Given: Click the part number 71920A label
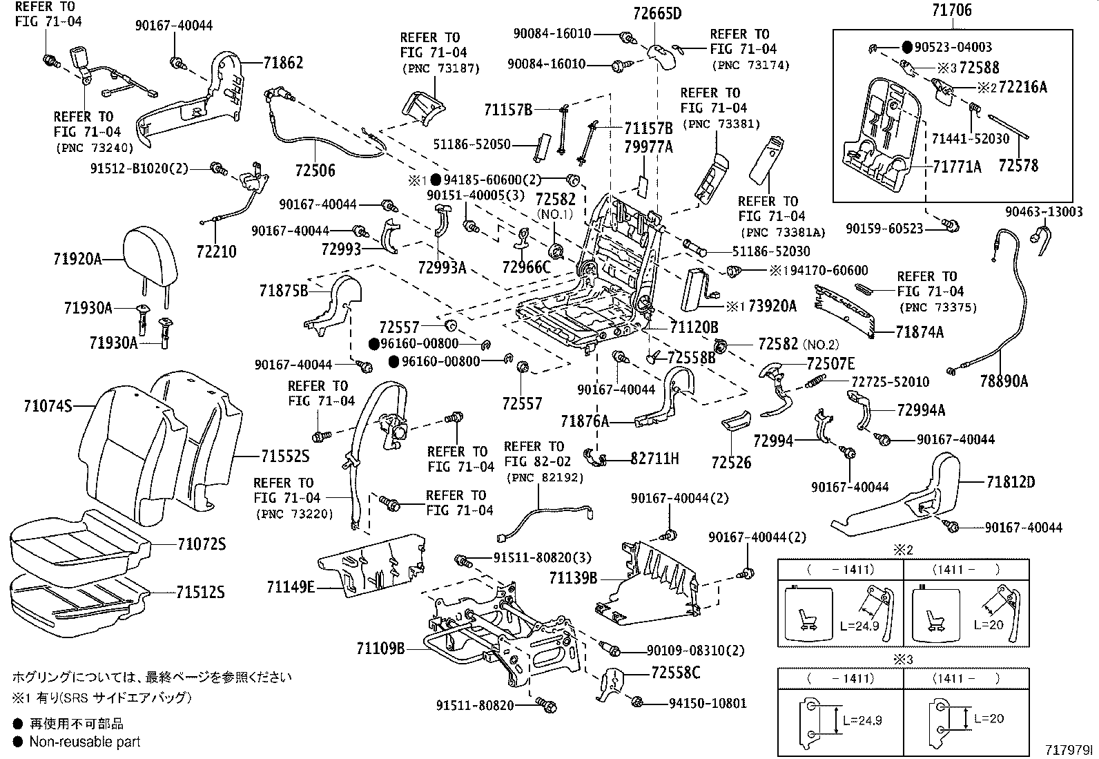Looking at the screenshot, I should click(x=77, y=259).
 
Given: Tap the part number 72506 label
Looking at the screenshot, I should click(x=315, y=171).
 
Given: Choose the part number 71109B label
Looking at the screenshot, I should click(x=380, y=648).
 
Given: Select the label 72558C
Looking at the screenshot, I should click(x=675, y=672).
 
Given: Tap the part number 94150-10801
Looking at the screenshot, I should click(x=708, y=703).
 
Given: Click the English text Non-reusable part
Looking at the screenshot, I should click(x=84, y=742).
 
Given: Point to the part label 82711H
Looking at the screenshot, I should click(x=654, y=457).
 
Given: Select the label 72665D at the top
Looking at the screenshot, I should click(x=657, y=12).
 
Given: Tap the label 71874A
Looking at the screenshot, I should click(x=920, y=332).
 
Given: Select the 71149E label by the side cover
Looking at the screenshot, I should click(x=291, y=587).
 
